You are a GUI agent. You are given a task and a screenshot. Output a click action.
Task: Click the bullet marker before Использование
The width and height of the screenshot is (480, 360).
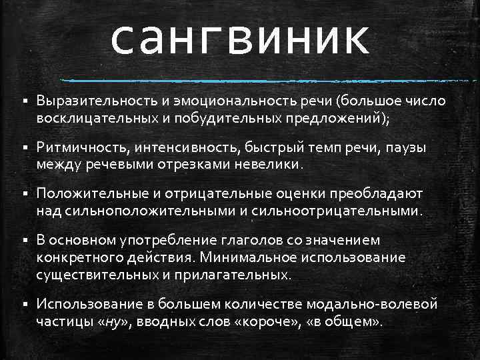click(24, 305)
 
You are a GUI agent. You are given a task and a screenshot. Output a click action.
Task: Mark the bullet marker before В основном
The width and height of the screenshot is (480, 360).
click(24, 241)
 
